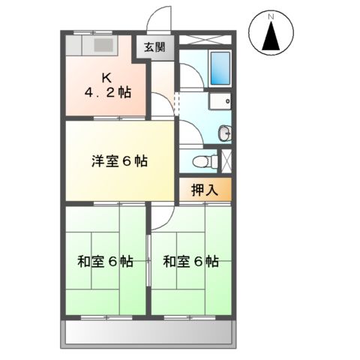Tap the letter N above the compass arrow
[272, 16]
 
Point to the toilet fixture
[198, 160]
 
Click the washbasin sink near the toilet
[224, 133]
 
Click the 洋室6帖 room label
[119, 161]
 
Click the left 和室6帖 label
[106, 262]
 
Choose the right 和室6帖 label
[191, 262]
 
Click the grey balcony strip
[149, 331]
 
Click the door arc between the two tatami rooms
[160, 218]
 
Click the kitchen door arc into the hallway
[160, 104]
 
